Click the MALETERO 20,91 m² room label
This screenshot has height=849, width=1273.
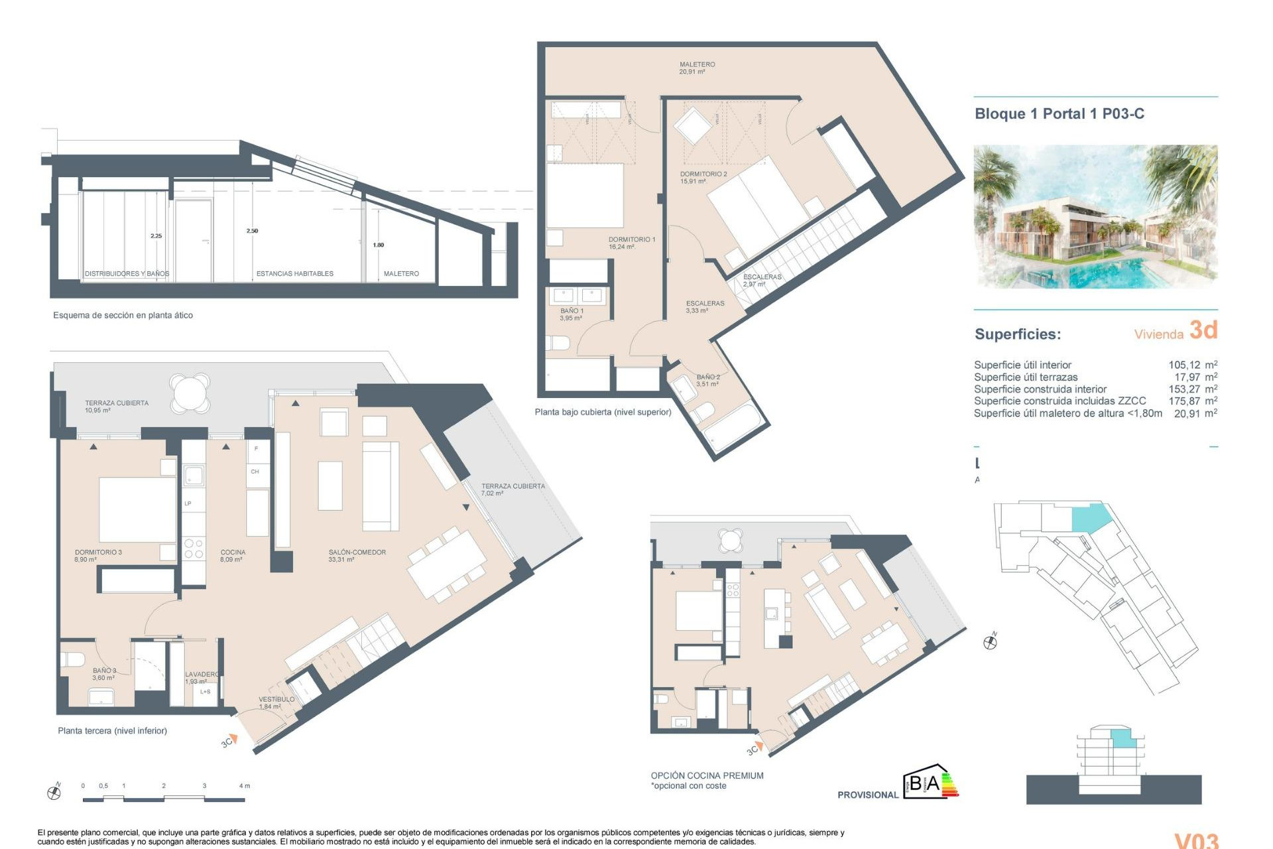[x=696, y=68]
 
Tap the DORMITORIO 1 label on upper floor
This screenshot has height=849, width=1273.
[x=631, y=243]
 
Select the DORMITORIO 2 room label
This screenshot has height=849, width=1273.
[x=703, y=177]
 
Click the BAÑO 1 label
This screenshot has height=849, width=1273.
[x=572, y=314]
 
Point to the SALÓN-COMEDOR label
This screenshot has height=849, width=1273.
[x=357, y=555]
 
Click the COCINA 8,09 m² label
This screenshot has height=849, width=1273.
[x=233, y=555]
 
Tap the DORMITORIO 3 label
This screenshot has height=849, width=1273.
[x=98, y=555]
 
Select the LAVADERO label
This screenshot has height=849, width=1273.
[x=201, y=677]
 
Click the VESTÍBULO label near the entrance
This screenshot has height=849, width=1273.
[x=276, y=702]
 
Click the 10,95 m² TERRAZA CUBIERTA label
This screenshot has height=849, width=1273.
[x=116, y=406]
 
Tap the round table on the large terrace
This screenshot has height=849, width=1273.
[x=190, y=393]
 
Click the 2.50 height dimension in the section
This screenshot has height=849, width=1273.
[x=252, y=231]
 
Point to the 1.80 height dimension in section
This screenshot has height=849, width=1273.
[x=378, y=245]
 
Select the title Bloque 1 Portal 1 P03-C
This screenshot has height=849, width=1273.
[x=1059, y=113]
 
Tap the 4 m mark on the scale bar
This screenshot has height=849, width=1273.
[x=244, y=786]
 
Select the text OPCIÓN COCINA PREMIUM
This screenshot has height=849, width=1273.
[x=707, y=775]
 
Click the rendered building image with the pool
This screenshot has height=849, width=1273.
[x=1095, y=216]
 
